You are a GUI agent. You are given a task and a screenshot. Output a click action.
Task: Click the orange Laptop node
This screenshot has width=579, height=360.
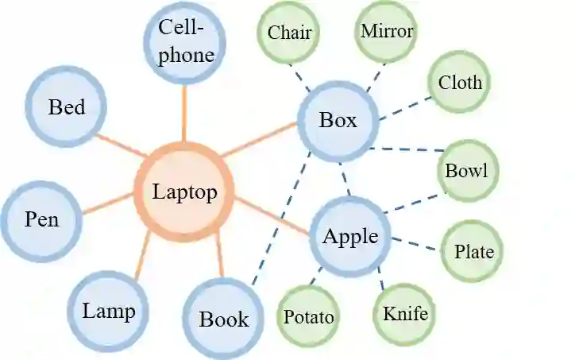click(184, 192)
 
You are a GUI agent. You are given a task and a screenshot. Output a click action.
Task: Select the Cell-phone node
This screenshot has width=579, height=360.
click(186, 42)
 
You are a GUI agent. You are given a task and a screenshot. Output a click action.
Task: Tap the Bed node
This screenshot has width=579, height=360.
click(66, 107)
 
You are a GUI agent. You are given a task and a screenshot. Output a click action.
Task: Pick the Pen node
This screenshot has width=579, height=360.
click(42, 219)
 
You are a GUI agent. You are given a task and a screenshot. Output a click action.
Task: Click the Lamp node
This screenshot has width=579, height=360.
click(108, 311)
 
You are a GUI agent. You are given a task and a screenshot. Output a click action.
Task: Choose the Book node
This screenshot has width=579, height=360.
click(223, 319)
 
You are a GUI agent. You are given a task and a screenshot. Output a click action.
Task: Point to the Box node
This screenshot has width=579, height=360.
click(338, 121)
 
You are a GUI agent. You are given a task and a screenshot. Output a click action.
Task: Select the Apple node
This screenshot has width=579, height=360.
click(349, 237)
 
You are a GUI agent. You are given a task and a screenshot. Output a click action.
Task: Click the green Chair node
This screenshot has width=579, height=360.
click(289, 33)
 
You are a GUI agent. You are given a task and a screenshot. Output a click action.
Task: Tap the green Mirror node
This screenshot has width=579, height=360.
click(386, 32)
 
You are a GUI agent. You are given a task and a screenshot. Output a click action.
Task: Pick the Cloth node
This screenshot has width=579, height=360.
click(460, 83)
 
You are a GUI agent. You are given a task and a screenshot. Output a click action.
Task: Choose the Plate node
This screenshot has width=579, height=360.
click(473, 252)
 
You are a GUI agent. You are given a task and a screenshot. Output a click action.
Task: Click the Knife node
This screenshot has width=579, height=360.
click(405, 313)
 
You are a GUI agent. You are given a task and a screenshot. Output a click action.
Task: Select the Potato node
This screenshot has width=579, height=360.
click(309, 316)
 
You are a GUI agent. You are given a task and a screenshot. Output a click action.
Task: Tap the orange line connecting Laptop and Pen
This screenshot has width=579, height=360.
click(107, 203)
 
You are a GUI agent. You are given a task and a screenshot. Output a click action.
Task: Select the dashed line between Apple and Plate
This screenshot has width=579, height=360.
click(413, 243)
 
